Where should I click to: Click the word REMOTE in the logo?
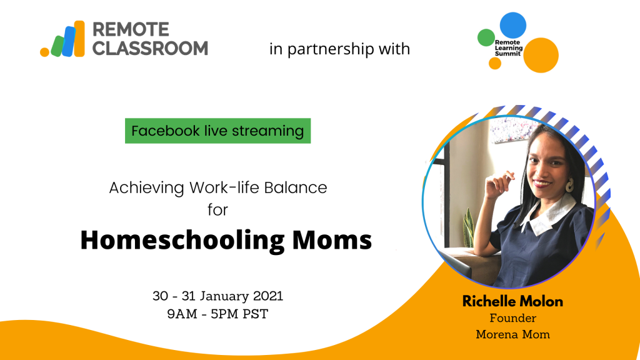point(131,29)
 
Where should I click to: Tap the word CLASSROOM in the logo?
point(150,48)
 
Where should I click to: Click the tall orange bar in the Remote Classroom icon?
point(79,39)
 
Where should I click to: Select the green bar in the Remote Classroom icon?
point(57,46)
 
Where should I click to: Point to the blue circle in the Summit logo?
point(513,25)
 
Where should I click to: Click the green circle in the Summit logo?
point(486,37)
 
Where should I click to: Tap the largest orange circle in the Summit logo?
point(541,55)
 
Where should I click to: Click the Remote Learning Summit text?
point(509,47)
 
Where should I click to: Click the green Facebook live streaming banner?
point(217,131)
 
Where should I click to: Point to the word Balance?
point(296,187)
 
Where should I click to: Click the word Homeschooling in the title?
point(182,239)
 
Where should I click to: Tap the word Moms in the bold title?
point(332,239)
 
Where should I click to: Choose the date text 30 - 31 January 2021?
point(217,296)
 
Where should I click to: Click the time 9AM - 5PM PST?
point(217,314)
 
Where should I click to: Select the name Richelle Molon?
point(512,301)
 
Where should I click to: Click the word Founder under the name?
point(512,318)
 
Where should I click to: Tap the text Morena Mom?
point(512,334)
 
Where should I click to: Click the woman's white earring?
point(569,185)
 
